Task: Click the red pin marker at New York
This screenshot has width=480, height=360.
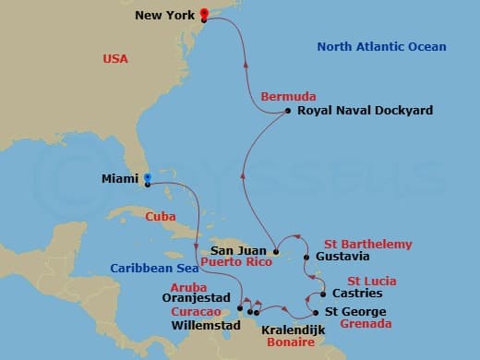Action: [204, 13]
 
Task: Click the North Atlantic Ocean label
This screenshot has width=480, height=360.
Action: [381, 47]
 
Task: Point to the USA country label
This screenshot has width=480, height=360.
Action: [116, 59]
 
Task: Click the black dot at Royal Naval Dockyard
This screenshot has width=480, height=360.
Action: [289, 111]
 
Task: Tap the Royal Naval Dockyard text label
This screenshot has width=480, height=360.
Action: [354, 111]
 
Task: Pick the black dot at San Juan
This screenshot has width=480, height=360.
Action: [275, 250]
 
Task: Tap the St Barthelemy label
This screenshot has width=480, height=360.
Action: [367, 244]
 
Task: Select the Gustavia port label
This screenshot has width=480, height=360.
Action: [342, 257]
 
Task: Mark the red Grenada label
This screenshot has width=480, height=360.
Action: [366, 325]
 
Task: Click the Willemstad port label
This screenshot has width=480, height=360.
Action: [204, 325]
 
